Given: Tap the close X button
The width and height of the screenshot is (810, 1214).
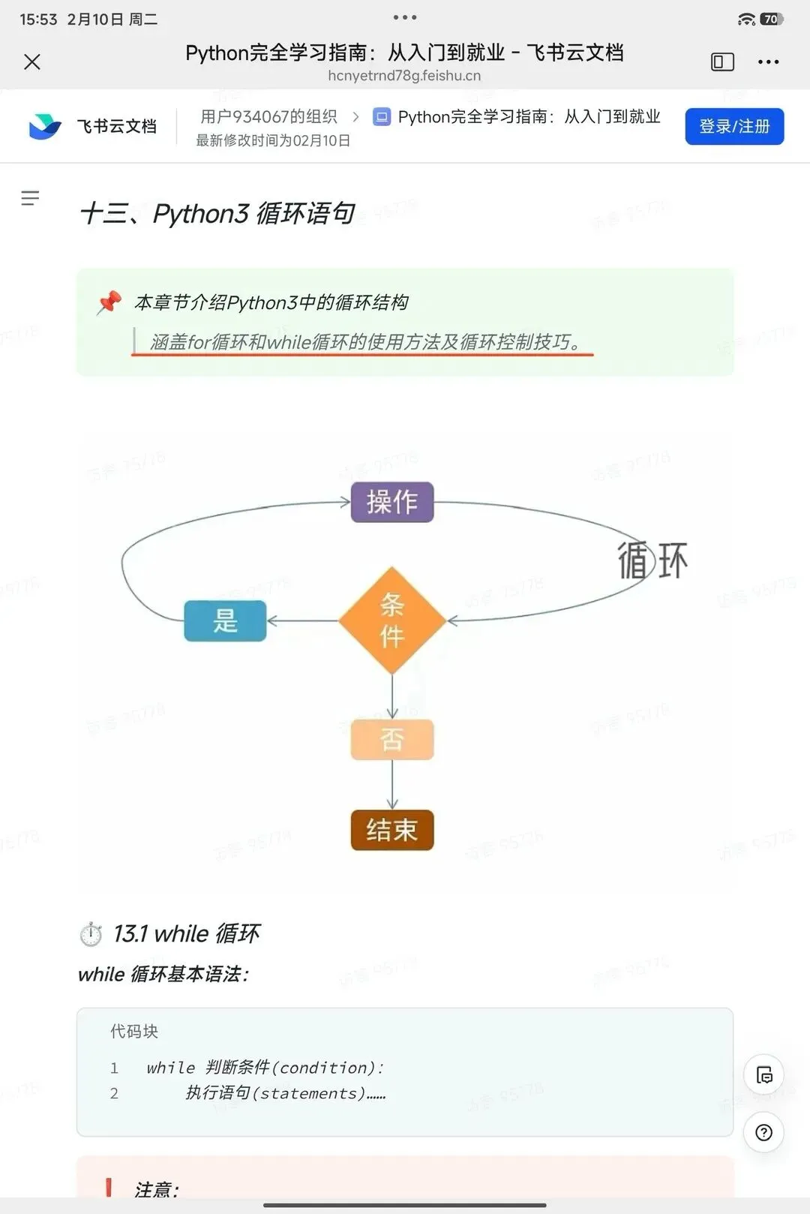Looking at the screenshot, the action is click(32, 62).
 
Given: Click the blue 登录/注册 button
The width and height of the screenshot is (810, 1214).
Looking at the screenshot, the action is click(734, 126).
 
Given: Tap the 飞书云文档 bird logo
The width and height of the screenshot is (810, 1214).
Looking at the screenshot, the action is click(44, 126).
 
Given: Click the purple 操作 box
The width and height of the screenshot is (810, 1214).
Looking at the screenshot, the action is click(392, 502).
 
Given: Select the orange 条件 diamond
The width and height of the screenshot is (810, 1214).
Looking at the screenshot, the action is click(392, 621).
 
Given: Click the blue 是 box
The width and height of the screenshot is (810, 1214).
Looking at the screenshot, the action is click(225, 621).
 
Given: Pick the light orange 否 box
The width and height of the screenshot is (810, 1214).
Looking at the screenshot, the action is click(392, 740).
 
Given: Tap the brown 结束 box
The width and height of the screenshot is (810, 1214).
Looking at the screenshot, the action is click(392, 830).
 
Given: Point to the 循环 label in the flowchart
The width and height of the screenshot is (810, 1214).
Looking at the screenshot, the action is click(652, 560).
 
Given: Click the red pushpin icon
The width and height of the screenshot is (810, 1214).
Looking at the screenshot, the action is click(109, 302).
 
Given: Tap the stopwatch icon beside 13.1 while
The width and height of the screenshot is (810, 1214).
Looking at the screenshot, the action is click(91, 934).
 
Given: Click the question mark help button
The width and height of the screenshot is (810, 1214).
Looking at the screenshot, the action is click(763, 1132).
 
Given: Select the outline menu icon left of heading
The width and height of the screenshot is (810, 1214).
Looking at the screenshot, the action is click(30, 198).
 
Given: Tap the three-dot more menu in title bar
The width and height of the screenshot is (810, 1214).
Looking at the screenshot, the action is click(768, 62).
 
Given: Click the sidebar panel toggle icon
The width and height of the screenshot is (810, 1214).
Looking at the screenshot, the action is click(722, 62).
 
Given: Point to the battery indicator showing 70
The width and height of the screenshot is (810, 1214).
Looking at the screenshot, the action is click(771, 20).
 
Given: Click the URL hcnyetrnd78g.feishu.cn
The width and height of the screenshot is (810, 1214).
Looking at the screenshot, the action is click(404, 76).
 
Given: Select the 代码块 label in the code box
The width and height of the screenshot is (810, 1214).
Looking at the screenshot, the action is click(134, 1032).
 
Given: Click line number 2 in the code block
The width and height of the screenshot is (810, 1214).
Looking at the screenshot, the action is click(114, 1093).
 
